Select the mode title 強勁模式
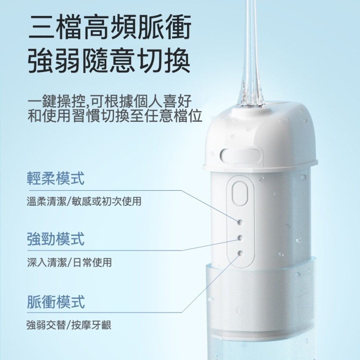coord(56,239)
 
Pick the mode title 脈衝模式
coord(56,301)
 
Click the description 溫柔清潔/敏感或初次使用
coord(84,201)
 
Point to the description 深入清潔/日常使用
coord(69,262)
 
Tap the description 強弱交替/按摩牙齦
coord(69,325)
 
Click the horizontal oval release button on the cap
coord(242,154)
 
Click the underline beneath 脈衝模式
coord(104,312)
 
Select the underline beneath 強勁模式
coord(104,250)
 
